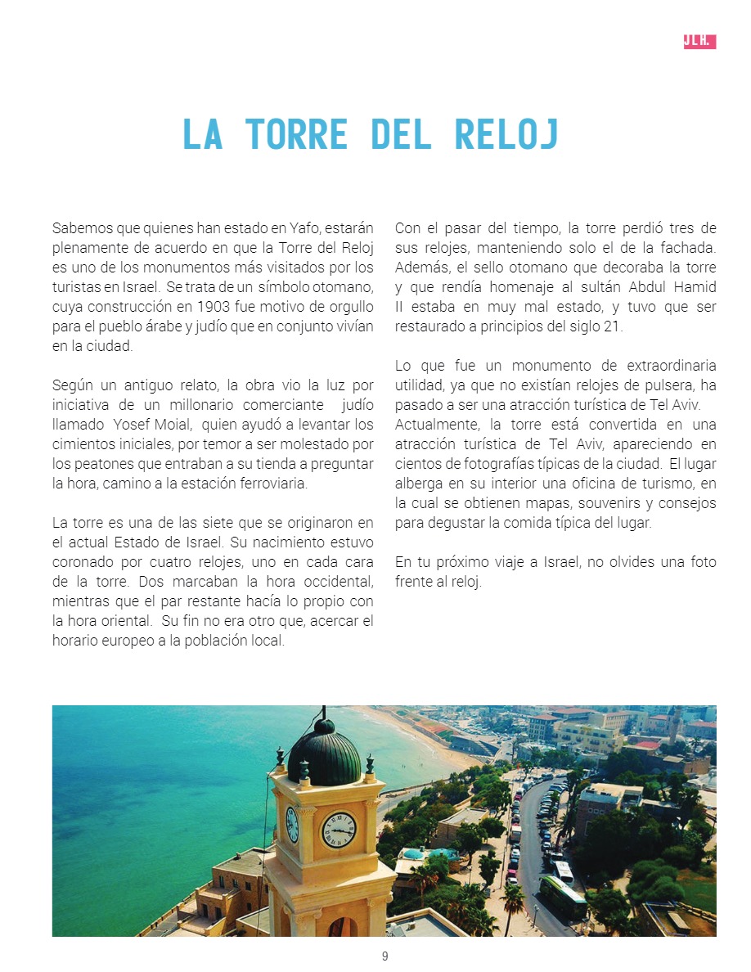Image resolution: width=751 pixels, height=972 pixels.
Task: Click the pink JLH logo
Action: coord(699,42)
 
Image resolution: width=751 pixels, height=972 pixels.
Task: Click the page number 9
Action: coord(384,956)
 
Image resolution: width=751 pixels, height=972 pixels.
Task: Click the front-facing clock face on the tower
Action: coord(338,830)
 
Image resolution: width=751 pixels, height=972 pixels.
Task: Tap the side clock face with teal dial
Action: coord(291,824)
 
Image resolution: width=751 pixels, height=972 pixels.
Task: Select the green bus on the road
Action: coord(563,897)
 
